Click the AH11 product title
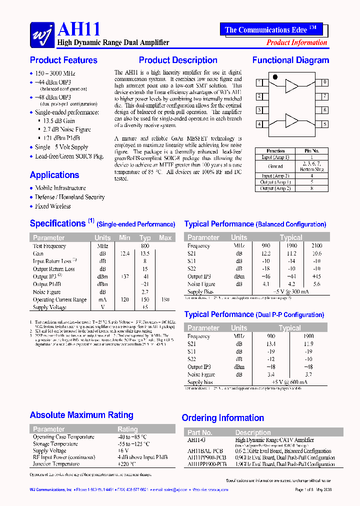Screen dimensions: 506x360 pos(79,29)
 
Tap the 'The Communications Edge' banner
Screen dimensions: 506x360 pos(270,30)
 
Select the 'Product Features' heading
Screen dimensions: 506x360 pos(63,60)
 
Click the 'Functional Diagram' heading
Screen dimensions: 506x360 pos(290,60)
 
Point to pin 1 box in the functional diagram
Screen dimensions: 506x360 pos(259,82)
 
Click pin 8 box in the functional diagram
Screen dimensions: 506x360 pos(324,82)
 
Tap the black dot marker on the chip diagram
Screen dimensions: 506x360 pos(274,77)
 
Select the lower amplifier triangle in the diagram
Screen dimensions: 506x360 pos(291,120)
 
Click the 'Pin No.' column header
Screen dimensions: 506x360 pos(312,150)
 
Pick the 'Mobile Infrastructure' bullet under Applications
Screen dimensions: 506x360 pos(60,188)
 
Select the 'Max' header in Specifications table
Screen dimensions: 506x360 pos(165,237)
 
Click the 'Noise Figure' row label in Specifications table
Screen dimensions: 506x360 pos(47,292)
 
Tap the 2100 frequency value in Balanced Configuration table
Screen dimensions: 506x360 pos(316,245)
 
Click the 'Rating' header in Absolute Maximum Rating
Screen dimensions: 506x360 pos(127,429)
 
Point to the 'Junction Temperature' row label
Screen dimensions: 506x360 pos(56,463)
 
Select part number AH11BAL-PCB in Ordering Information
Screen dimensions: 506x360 pos(205,450)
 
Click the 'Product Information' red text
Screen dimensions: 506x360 pos(296,42)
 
